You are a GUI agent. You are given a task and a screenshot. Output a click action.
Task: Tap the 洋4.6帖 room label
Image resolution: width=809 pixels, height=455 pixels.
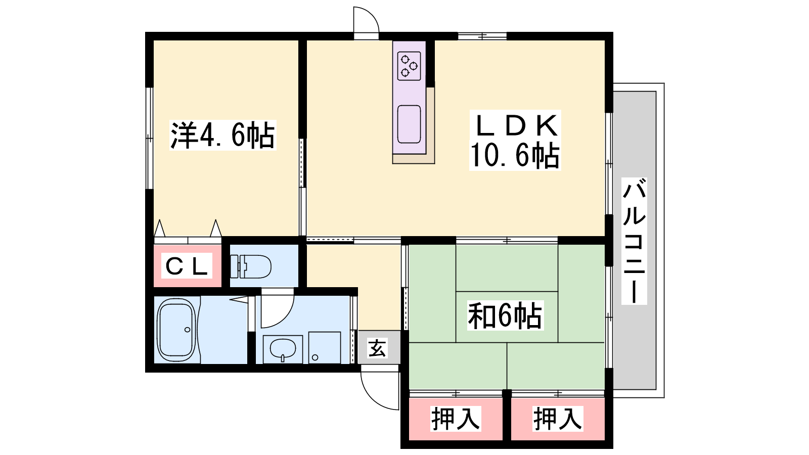point(223,135)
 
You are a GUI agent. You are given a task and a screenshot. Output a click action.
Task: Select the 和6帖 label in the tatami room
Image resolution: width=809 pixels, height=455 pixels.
point(505,315)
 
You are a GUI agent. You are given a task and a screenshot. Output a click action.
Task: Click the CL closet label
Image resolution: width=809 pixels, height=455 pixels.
point(187,267)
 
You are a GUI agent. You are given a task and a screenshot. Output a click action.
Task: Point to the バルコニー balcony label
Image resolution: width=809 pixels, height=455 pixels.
point(634,241)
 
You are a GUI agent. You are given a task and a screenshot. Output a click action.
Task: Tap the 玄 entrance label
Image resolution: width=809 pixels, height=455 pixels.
point(377,348)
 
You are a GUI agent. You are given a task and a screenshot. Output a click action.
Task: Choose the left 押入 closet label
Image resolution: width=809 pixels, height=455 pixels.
point(456,419)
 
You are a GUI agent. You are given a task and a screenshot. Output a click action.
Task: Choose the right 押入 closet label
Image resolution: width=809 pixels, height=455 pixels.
point(558,419)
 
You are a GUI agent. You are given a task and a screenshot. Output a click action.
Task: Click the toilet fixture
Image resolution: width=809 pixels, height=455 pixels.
point(251,266)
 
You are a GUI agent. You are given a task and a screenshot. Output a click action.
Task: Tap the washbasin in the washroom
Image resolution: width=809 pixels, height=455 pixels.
point(283,348)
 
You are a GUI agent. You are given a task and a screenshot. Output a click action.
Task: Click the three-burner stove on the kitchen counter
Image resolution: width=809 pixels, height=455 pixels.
point(409,66)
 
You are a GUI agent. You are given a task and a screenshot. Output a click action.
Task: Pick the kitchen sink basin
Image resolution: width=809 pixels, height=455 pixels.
point(409,124)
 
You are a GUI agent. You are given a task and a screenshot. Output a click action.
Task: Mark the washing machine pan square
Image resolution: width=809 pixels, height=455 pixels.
point(324,347)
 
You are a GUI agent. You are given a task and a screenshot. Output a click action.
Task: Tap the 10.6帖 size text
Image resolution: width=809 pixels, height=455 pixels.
point(515,156)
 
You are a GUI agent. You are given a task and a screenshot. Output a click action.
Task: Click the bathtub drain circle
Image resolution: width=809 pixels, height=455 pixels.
point(187,330)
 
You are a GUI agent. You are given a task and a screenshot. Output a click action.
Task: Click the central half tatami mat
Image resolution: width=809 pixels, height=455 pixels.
point(507,316)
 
